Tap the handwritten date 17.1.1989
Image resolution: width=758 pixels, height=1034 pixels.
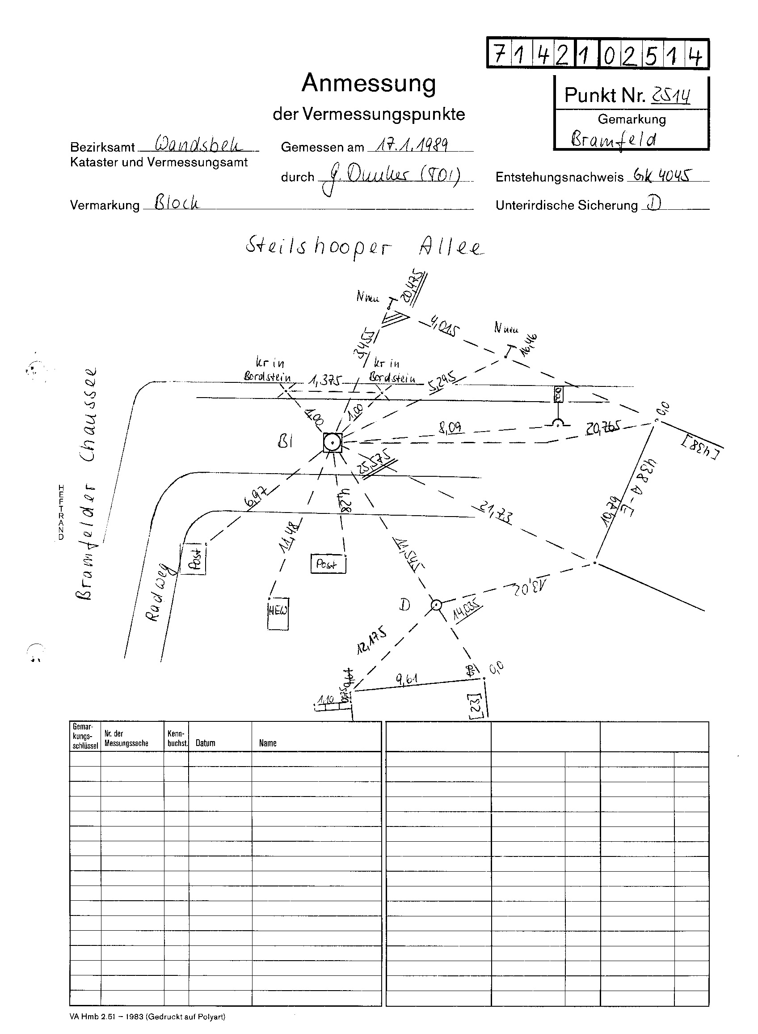(412, 145)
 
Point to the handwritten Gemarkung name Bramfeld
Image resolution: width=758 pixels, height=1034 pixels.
(613, 138)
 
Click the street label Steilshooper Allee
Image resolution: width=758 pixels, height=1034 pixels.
(364, 247)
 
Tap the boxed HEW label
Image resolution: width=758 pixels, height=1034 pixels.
(278, 610)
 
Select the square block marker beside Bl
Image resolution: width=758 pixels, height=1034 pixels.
(332, 443)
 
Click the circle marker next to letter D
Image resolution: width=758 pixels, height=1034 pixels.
(436, 605)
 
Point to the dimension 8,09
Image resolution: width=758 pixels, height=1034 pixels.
(450, 428)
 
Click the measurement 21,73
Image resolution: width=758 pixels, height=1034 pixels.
(496, 513)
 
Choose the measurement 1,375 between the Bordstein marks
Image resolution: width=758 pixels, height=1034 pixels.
(326, 380)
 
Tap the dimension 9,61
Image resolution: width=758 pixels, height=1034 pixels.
(406, 679)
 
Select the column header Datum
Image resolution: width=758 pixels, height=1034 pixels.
(205, 743)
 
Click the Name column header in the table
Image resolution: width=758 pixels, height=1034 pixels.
(268, 743)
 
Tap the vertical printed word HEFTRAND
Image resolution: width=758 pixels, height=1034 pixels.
(61, 512)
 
